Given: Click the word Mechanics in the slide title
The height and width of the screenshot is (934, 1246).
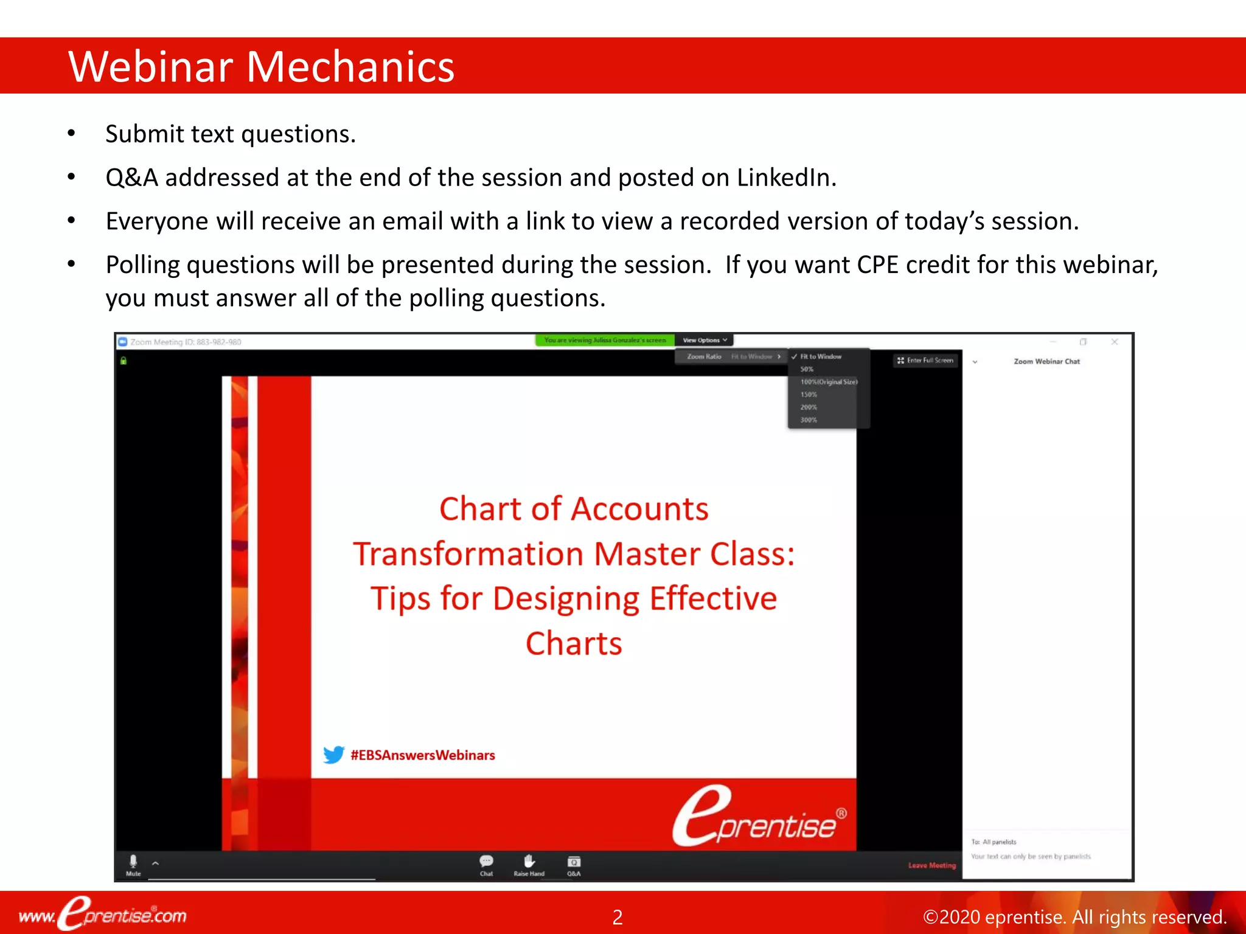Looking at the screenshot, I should click(350, 66).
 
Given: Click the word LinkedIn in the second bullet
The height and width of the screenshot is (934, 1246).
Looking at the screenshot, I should click(786, 178).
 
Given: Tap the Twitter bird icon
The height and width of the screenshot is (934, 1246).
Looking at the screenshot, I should click(333, 755).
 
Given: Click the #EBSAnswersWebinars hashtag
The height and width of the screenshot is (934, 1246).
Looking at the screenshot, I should click(423, 755).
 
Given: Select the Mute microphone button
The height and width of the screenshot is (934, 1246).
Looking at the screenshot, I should click(133, 864).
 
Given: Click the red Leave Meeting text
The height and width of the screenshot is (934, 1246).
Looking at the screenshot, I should click(931, 865).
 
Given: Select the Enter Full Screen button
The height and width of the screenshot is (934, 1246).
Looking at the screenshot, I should click(925, 361).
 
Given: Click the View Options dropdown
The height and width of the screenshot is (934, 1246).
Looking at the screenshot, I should click(705, 341).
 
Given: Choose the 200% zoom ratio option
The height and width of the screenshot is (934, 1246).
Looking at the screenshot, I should click(809, 407).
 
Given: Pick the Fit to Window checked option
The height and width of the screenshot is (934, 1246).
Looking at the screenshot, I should click(820, 357).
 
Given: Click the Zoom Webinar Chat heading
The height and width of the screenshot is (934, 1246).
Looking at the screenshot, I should click(1046, 361).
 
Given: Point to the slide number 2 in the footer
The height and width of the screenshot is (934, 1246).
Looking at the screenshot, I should click(617, 917).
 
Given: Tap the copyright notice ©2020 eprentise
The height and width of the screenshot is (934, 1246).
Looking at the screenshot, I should click(1074, 917).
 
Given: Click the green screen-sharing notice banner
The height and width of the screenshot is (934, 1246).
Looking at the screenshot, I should click(605, 341).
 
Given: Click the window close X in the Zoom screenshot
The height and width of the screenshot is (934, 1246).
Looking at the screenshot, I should click(1115, 342).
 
